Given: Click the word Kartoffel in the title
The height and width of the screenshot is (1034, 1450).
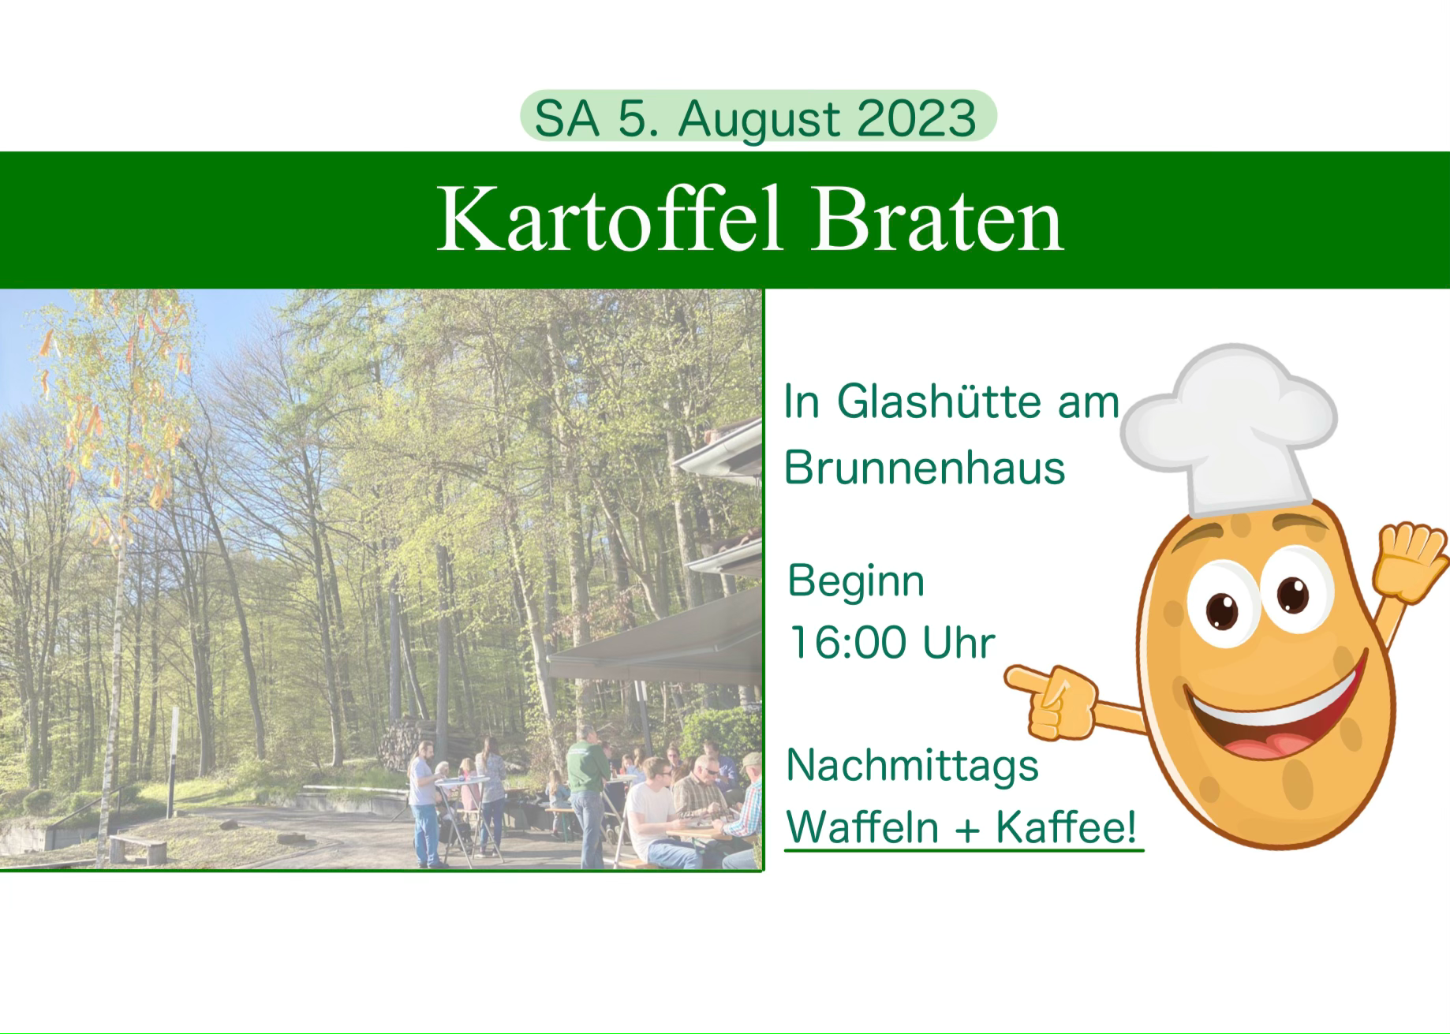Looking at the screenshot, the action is [609, 219].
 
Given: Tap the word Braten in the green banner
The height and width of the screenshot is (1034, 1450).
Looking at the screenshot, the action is [937, 219].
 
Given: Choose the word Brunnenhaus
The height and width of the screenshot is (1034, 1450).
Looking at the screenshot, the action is [925, 467].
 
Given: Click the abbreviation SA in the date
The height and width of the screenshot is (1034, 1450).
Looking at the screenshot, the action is [566, 119].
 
